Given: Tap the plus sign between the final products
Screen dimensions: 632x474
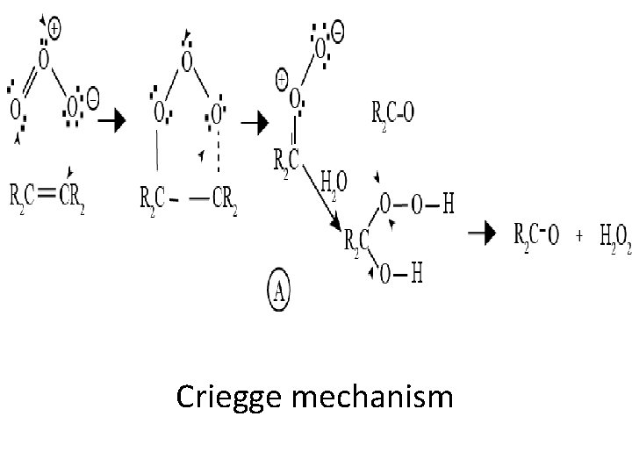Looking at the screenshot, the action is tap(579, 235).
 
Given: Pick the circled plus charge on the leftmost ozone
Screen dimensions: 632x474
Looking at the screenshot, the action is tap(54, 28).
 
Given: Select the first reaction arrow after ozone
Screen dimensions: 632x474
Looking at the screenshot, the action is tap(117, 124).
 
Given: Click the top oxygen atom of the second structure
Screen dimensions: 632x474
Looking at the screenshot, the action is tap(185, 61).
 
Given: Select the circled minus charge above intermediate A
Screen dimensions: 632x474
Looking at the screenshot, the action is tap(337, 32).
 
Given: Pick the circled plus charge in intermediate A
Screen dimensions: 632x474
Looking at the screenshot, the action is tap(283, 80).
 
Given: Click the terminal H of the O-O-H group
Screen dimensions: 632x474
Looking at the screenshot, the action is tap(449, 204).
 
